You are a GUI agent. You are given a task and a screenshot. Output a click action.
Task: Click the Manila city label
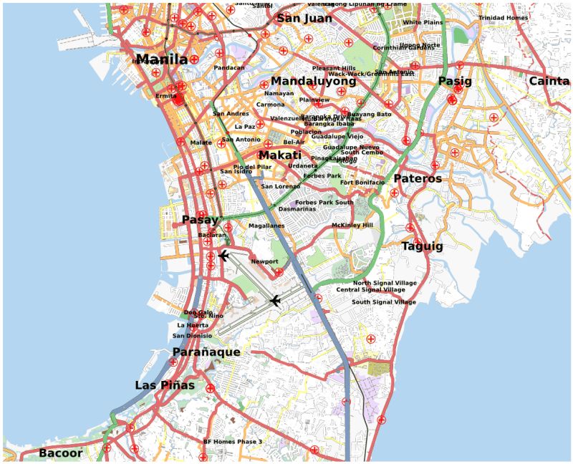pos(161,59)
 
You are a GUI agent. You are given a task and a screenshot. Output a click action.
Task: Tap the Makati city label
pos(280,155)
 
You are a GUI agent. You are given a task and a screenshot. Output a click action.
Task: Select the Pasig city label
pos(455,82)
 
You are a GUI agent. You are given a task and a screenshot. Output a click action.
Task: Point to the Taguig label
pos(422,246)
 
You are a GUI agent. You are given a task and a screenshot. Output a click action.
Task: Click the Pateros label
pos(418,178)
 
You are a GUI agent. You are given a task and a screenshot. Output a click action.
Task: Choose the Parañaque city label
pos(206,352)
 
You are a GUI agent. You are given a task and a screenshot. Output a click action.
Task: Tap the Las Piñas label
pos(165,385)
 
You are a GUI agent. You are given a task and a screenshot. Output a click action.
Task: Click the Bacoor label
pos(60,453)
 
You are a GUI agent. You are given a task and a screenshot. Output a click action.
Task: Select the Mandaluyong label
pos(313,82)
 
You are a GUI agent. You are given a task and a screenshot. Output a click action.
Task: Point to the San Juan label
pos(304,19)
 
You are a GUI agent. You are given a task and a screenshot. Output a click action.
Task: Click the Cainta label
pos(549,81)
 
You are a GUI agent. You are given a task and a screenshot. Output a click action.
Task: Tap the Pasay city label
pos(200,220)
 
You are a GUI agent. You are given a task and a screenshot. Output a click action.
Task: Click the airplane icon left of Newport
pos(223,256)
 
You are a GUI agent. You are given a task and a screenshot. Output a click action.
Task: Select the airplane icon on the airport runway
pos(275,301)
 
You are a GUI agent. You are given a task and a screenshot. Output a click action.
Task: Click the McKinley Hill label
pos(352,226)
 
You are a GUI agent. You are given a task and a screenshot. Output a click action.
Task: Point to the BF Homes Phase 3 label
pos(233,442)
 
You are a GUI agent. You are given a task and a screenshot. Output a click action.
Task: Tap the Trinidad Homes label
pos(503,18)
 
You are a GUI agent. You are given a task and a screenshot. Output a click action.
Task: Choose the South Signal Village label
pos(383,302)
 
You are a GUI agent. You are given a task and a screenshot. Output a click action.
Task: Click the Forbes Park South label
pos(324,203)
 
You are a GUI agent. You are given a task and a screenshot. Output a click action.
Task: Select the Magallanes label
pos(266,226)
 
